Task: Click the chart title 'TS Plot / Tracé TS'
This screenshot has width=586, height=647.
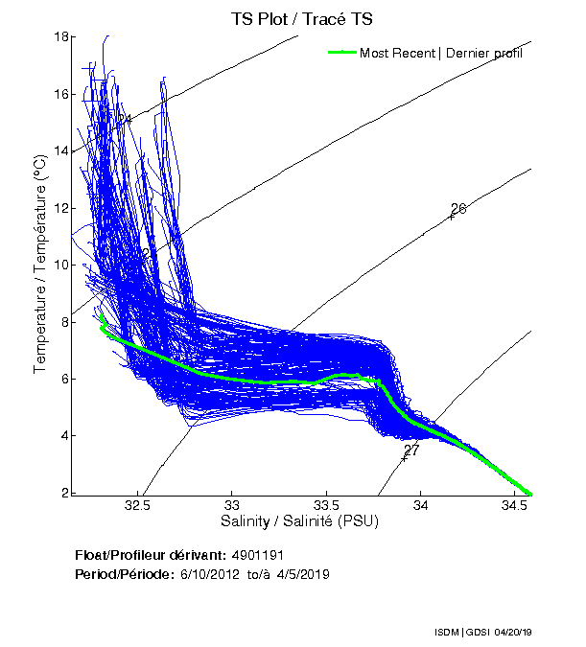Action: pyautogui.click(x=302, y=18)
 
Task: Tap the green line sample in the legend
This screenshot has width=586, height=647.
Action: pyautogui.click(x=340, y=53)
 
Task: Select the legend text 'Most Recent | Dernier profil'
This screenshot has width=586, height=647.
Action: pyautogui.click(x=441, y=53)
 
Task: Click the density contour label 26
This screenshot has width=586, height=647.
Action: pyautogui.click(x=457, y=209)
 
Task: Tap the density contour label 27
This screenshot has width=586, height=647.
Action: pyautogui.click(x=411, y=450)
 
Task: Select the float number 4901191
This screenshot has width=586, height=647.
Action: pyautogui.click(x=258, y=556)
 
